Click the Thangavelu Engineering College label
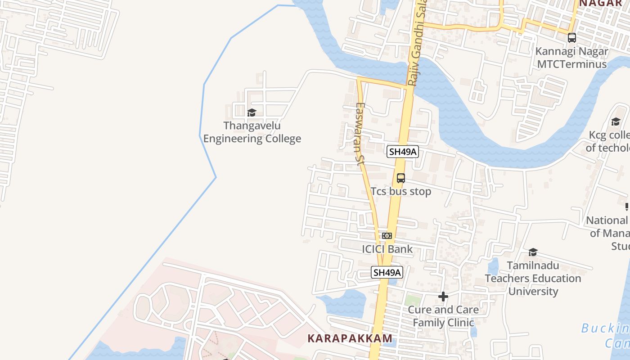[x=252, y=132]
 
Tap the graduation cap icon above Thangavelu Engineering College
[x=252, y=112]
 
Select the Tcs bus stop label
[x=400, y=191]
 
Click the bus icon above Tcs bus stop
[x=400, y=178]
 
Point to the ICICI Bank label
[x=387, y=249]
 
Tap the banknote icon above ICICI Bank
[x=387, y=235]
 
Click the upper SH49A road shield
[x=403, y=152]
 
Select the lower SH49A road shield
[x=387, y=272]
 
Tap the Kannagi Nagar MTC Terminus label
[x=571, y=57]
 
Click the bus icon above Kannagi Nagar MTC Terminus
[x=571, y=38]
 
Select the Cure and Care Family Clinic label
[x=443, y=316]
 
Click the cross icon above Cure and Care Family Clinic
[x=443, y=297]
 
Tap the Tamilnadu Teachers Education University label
[x=533, y=278]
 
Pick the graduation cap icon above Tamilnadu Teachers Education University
[x=533, y=252]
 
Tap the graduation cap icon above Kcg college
[x=616, y=121]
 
